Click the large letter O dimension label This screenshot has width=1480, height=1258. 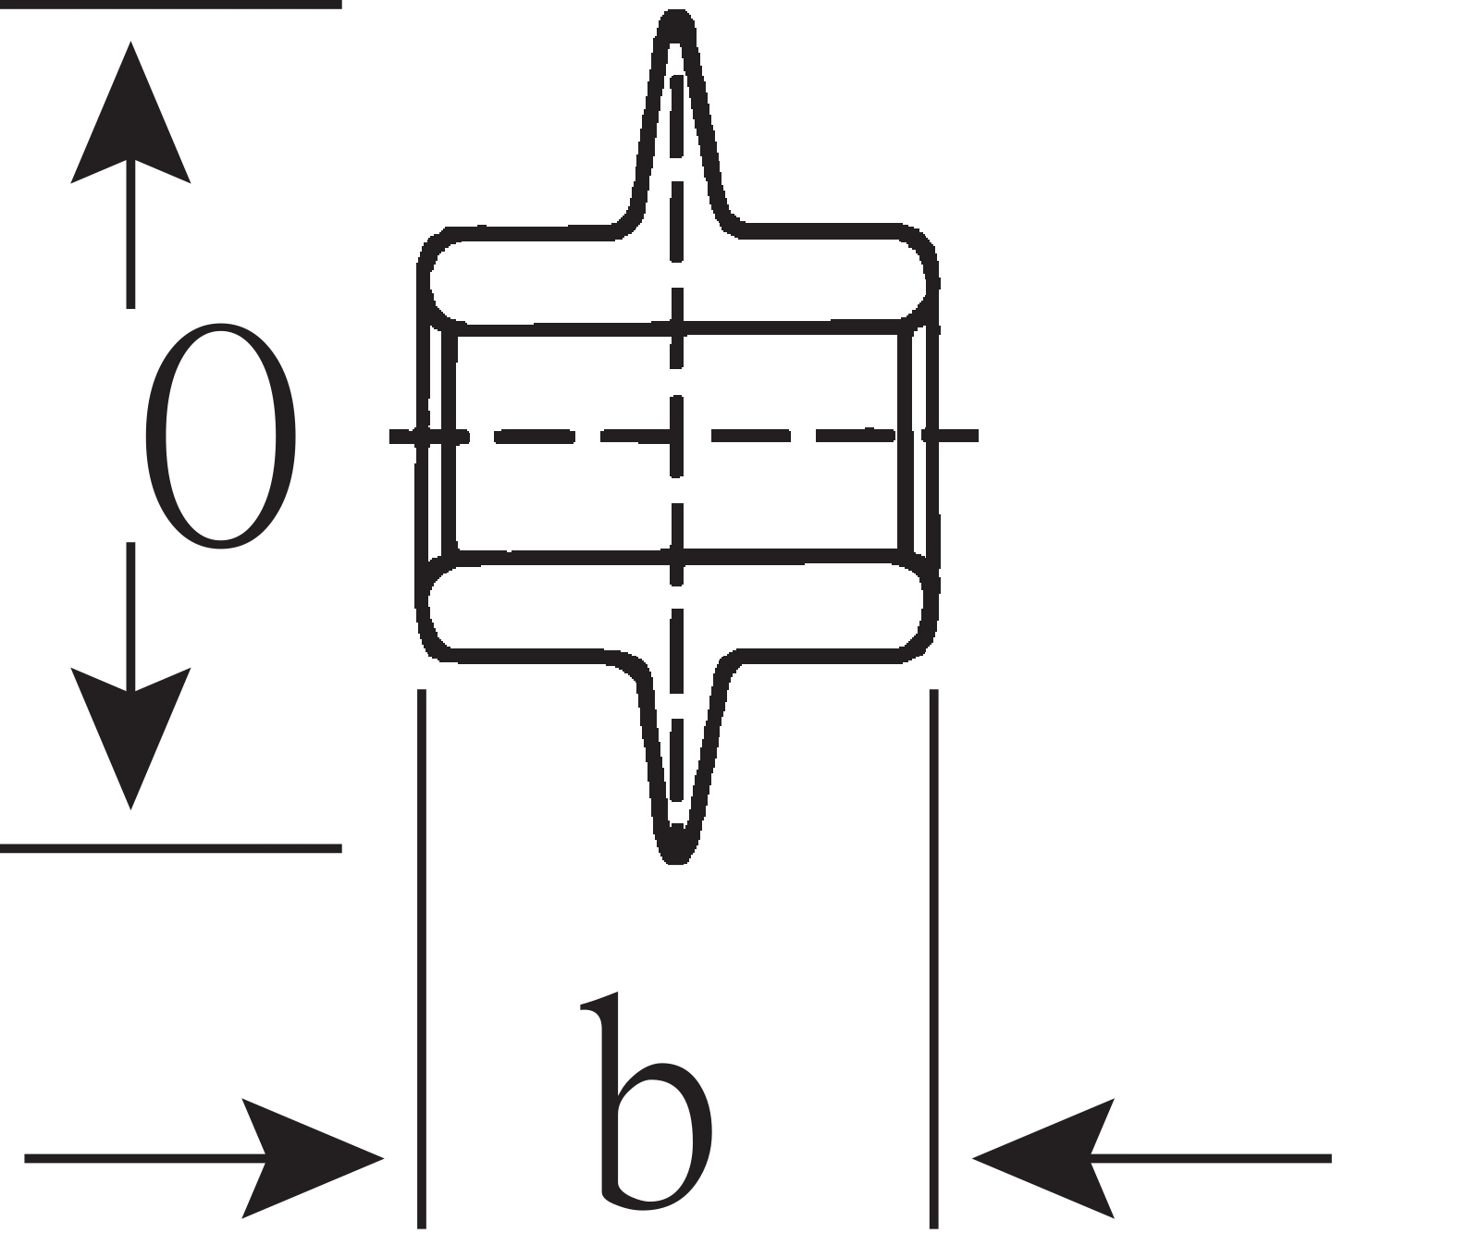tap(220, 435)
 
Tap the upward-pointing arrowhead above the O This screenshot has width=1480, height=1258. tap(130, 111)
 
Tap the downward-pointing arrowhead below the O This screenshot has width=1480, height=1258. tap(130, 738)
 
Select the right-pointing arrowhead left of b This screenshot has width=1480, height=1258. tap(313, 1157)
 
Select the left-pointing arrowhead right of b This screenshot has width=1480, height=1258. tap(1043, 1157)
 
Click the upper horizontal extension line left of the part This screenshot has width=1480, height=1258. tap(171, 4)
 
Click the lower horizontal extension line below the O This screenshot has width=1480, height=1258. tap(171, 847)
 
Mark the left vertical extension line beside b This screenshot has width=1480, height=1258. tap(422, 958)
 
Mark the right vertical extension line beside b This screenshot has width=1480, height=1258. tap(933, 958)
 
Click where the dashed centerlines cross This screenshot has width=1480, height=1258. tap(677, 435)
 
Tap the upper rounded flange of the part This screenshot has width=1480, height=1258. tap(678, 275)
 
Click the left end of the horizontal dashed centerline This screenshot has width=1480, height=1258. tap(390, 435)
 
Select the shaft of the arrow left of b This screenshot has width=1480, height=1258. tap(146, 1157)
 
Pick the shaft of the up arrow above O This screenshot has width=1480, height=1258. tap(130, 233)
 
